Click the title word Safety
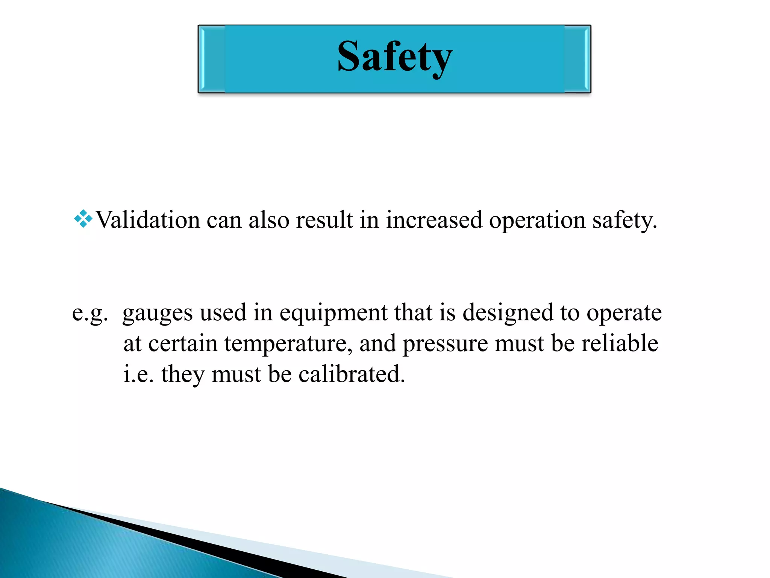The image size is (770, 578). click(x=395, y=57)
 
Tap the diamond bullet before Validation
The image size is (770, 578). click(x=83, y=219)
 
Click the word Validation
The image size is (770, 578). click(x=148, y=220)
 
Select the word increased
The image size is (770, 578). click(x=434, y=220)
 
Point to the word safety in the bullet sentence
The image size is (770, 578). click(x=624, y=221)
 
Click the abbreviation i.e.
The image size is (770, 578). click(x=138, y=374)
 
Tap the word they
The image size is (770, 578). click(x=183, y=375)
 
